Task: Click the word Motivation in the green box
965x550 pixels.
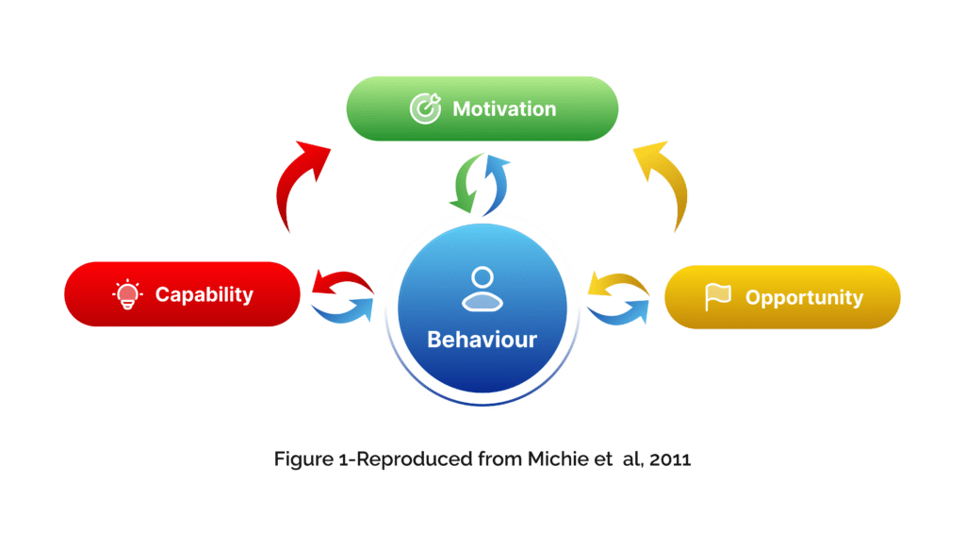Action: (x=504, y=108)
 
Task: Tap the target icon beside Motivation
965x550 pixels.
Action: (x=425, y=108)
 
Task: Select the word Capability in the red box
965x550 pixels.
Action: (x=204, y=294)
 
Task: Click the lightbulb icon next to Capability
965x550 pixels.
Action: (x=124, y=294)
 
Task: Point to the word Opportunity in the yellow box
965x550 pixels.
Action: (x=804, y=298)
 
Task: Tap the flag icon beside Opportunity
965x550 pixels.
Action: (x=718, y=297)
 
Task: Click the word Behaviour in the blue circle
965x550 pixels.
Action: (x=482, y=339)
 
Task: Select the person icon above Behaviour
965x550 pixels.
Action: (x=482, y=289)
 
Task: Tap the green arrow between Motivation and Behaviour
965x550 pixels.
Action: (x=465, y=185)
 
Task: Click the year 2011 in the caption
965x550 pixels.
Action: (x=670, y=459)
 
